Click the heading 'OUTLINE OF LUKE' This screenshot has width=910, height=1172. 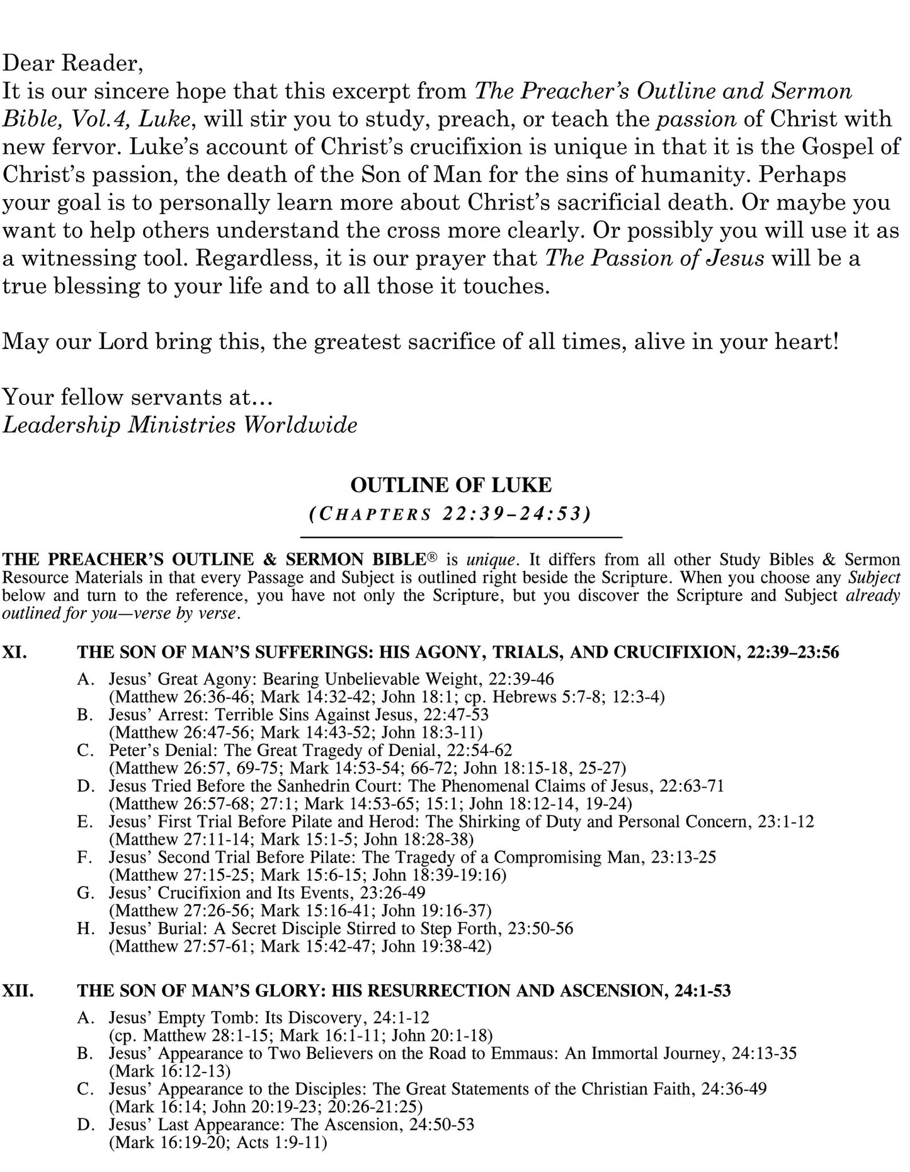[450, 485]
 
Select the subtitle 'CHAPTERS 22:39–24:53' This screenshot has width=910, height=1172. [450, 514]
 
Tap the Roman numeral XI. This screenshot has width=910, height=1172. [15, 653]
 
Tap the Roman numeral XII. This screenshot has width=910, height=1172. [18, 991]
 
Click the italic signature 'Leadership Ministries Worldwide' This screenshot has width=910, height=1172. [179, 425]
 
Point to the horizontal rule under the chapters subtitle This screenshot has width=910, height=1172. [461, 537]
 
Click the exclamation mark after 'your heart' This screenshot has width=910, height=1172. [836, 342]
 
